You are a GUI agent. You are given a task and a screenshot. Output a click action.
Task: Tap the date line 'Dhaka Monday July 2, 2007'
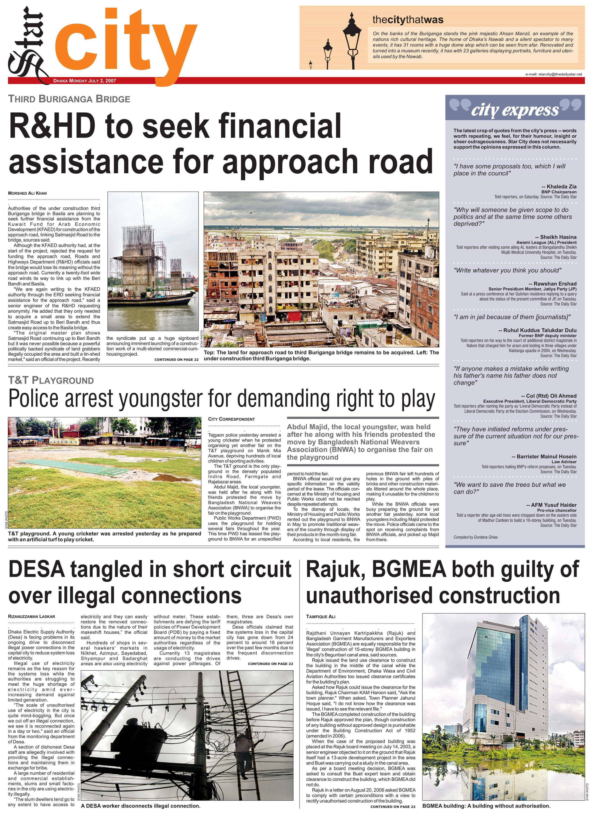pos(85,81)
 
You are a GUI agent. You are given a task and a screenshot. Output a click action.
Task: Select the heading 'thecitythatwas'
pos(408,20)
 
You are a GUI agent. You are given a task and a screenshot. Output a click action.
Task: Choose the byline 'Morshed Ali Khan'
pos(27,193)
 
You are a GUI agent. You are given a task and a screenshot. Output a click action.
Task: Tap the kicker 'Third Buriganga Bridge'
pos(69,99)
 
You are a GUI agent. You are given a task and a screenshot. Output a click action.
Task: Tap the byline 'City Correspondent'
pos(231,419)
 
